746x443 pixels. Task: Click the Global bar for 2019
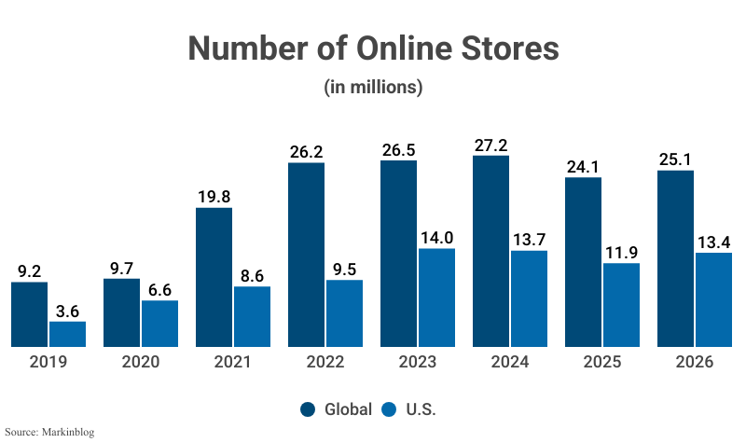pos(29,314)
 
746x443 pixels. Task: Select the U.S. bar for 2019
pos(67,334)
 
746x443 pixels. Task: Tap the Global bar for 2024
pos(491,251)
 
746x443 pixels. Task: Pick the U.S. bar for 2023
pos(436,298)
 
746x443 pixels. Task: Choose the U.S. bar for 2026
pos(713,299)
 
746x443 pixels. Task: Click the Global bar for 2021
pos(214,277)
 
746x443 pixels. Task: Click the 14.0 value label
pos(436,237)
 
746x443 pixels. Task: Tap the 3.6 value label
pos(67,310)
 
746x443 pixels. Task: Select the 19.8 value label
pos(214,196)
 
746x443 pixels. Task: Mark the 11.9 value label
pos(621,252)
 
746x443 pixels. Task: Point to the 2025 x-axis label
pos(602,362)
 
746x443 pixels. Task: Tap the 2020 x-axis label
pos(141,362)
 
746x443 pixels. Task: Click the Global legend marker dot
pos(308,408)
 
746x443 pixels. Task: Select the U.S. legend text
pos(421,408)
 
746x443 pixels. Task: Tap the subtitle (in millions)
pos(373,88)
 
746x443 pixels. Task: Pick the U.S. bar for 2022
pos(344,313)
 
